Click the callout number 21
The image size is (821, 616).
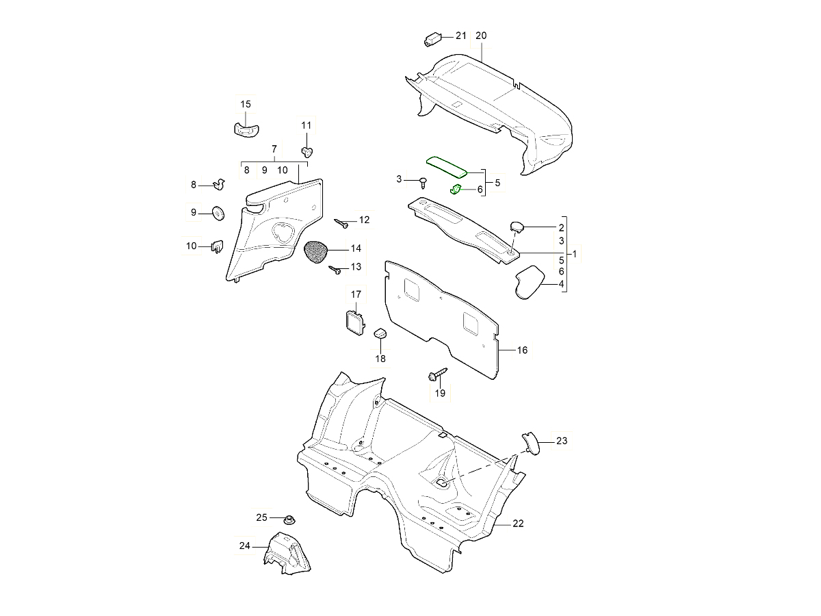coord(460,36)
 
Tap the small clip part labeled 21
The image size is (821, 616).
coord(432,39)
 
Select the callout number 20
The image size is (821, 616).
coord(481,36)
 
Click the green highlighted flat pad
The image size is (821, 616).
coord(447,166)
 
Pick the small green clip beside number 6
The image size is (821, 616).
coord(456,188)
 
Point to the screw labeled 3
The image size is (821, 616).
coord(423,182)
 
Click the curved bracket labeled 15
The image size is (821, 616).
coord(246,128)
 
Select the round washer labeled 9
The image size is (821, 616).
coord(218,213)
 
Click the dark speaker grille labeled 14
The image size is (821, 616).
coord(315,251)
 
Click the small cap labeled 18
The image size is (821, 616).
coord(380,333)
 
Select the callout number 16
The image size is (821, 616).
coord(522,350)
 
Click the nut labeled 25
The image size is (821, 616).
coord(289,519)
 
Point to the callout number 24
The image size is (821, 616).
coord(245,546)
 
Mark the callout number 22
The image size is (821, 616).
coord(518,524)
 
